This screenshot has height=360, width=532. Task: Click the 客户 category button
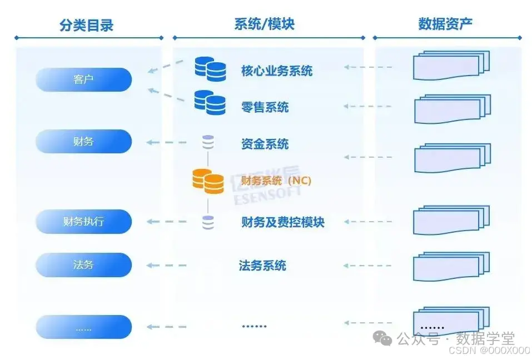click(83, 79)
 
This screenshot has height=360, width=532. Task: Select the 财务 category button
click(83, 142)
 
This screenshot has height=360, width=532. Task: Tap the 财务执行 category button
click(83, 222)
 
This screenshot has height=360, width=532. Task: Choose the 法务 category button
click(83, 265)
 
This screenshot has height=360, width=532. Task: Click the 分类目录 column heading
click(86, 24)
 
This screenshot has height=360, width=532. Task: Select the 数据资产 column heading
click(445, 24)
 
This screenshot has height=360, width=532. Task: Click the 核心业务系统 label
click(276, 71)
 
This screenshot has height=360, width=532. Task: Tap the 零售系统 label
click(265, 107)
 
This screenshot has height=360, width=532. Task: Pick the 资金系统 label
click(265, 144)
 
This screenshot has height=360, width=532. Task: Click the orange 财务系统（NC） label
click(276, 181)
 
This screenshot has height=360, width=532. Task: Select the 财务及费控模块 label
click(282, 222)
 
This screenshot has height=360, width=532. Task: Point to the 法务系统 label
click(262, 266)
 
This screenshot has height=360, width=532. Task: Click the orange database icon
click(208, 181)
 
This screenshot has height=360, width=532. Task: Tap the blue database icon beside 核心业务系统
click(210, 69)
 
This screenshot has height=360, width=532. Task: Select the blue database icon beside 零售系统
click(210, 102)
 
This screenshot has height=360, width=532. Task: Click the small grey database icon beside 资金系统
click(208, 143)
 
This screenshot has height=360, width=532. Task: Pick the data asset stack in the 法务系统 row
click(451, 266)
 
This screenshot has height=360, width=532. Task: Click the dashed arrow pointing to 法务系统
click(368, 266)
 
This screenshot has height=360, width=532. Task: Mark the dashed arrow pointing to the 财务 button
click(166, 143)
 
